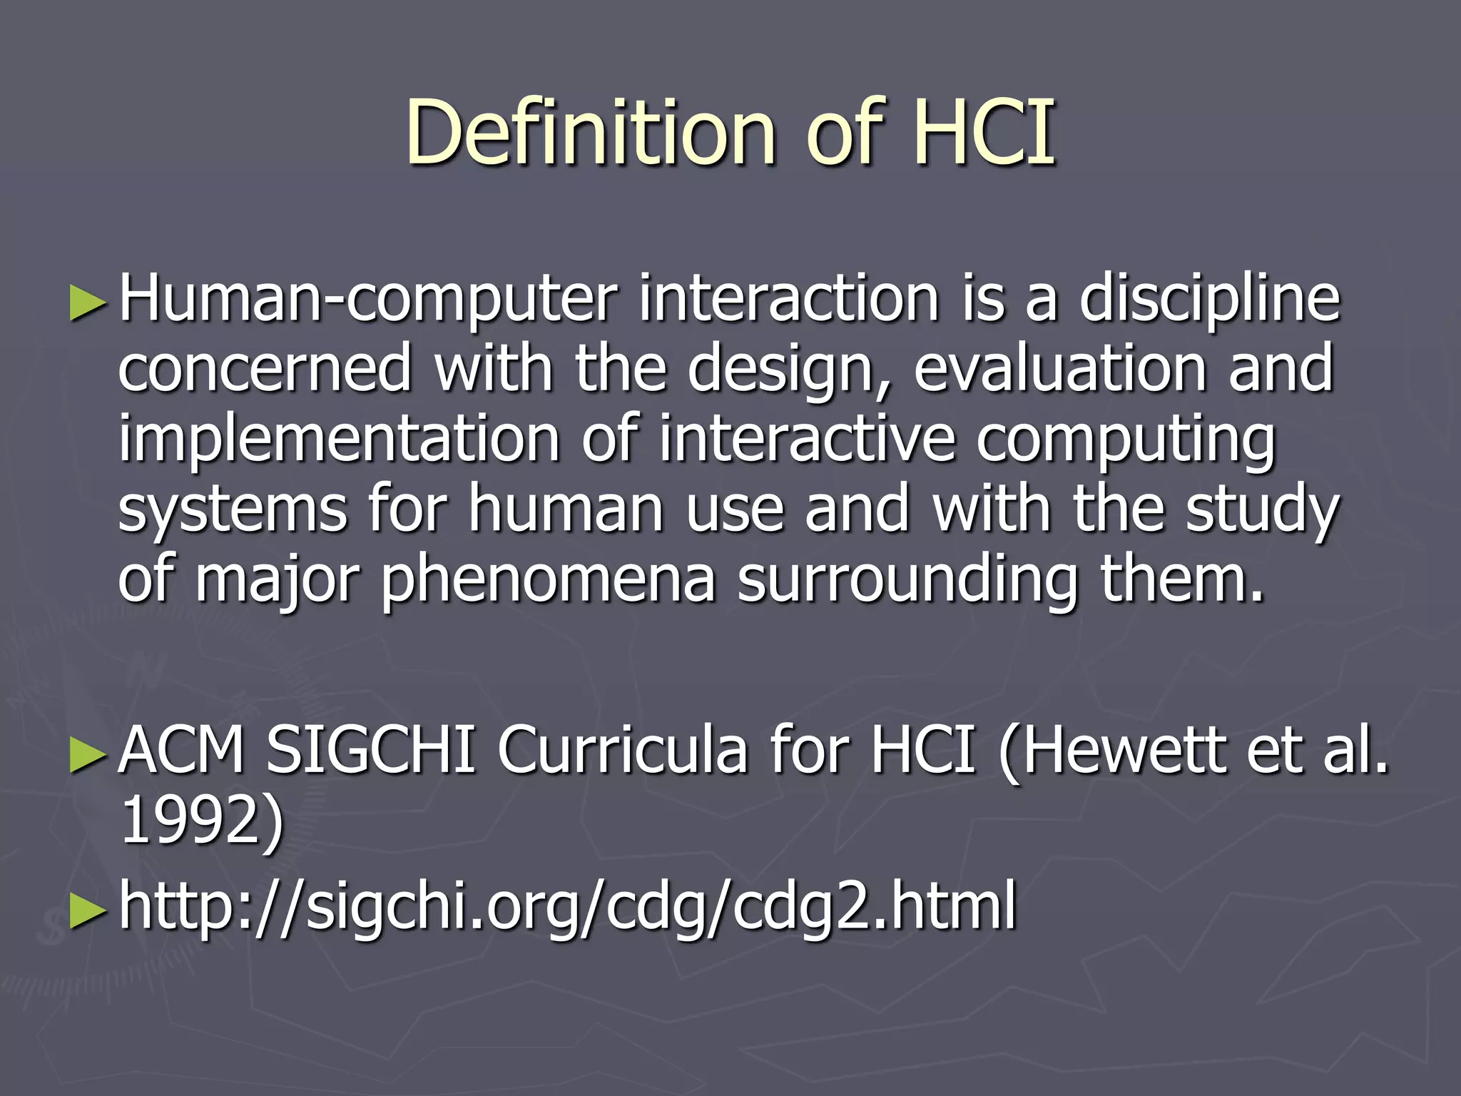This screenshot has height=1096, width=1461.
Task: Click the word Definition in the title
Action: coord(591,133)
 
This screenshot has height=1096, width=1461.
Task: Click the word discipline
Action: coord(1210,300)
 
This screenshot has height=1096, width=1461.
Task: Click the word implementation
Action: coord(339,439)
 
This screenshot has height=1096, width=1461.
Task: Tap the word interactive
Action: coord(807,439)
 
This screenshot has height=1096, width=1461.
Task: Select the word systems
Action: coord(233,509)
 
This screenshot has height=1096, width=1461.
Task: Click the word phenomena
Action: coord(548,579)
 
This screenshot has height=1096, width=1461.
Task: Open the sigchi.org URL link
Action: coord(568,906)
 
